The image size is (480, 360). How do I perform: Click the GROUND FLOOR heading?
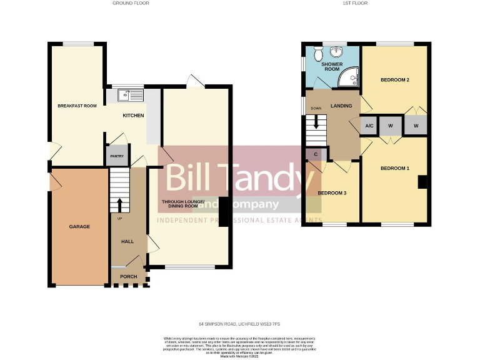pyautogui.click(x=131, y=3)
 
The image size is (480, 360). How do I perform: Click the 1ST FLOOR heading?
pyautogui.click(x=356, y=3)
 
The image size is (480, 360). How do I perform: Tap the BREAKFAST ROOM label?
pyautogui.click(x=77, y=106)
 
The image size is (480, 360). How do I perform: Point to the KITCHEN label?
pyautogui.click(x=133, y=116)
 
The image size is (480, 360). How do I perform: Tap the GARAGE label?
pyautogui.click(x=79, y=226)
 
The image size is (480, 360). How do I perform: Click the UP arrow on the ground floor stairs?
pyautogui.click(x=119, y=204)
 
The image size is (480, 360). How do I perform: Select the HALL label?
pyautogui.click(x=127, y=241)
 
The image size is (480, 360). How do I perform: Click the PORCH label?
pyautogui.click(x=129, y=276)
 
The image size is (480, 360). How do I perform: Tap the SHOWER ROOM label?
pyautogui.click(x=332, y=67)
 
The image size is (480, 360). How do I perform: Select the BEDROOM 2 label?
pyautogui.click(x=395, y=81)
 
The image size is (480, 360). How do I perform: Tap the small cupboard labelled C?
pyautogui.click(x=315, y=154)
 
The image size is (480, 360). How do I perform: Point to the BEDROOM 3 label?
pyautogui.click(x=332, y=193)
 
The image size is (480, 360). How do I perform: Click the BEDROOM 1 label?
pyautogui.click(x=395, y=169)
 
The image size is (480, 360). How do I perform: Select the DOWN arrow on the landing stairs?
pyautogui.click(x=316, y=122)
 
